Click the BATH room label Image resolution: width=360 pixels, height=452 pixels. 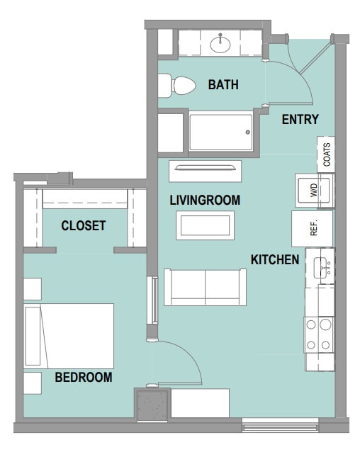223,85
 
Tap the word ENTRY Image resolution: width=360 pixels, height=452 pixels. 300,119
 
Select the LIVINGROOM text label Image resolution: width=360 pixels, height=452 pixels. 205,200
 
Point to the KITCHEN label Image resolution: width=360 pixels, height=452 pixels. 275,260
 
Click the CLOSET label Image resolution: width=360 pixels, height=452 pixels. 84,225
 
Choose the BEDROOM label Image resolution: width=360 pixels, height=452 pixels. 84,377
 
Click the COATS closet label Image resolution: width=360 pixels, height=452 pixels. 327,154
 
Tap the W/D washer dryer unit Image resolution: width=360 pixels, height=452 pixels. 315,191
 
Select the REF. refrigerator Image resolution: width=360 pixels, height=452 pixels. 312,229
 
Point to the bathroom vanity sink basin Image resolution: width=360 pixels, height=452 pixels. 220,45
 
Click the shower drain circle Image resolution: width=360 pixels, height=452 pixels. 247,132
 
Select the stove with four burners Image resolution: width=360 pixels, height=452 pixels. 319,335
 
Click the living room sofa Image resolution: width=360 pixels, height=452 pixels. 205,287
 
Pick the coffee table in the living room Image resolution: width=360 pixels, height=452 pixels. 205,225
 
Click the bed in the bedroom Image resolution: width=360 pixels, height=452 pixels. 69,336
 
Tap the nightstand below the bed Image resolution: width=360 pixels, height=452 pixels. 33,383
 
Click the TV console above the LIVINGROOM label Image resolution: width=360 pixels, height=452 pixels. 205,171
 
